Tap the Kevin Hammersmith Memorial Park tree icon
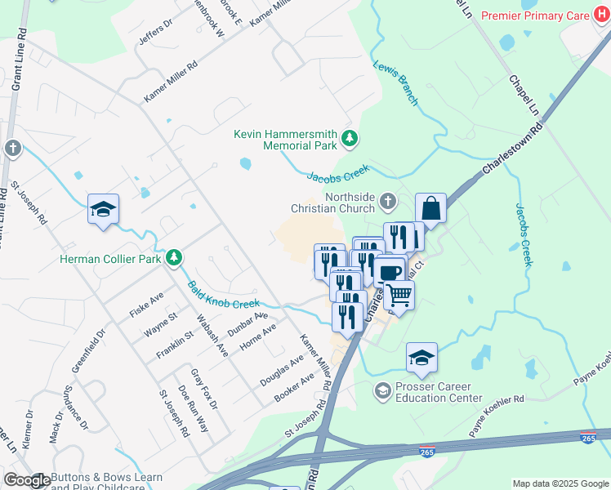350,138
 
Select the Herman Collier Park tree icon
173,259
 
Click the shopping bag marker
430,208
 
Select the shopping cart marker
399,293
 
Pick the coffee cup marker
390,271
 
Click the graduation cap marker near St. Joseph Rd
104,209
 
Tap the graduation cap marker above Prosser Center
421,357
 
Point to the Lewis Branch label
396,83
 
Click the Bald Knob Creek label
224,295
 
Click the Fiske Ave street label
147,304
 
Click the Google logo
26,480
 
